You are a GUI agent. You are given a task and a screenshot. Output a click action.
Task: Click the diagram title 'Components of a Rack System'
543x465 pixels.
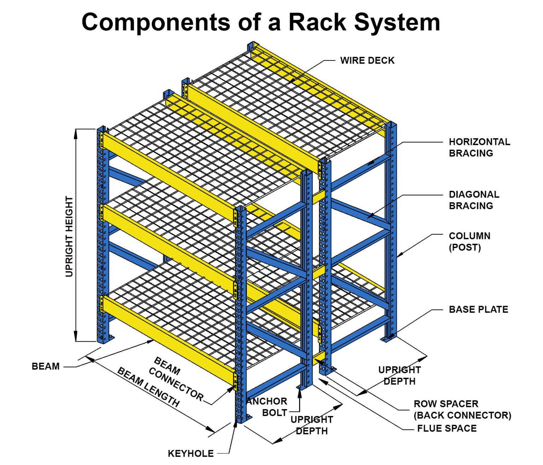point(261,22)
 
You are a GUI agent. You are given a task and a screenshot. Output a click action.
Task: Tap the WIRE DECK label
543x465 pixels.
point(367,60)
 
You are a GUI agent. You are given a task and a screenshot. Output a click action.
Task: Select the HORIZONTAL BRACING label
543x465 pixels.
point(479,147)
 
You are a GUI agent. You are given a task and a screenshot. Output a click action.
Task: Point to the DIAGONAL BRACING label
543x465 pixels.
point(474,200)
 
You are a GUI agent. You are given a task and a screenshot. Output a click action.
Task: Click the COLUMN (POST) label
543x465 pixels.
point(469,241)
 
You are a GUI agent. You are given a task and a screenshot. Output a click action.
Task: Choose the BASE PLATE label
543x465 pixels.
point(478,310)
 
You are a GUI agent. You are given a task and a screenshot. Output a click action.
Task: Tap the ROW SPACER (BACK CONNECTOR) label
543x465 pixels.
point(462,410)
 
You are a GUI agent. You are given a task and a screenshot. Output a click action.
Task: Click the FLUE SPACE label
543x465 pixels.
point(446,428)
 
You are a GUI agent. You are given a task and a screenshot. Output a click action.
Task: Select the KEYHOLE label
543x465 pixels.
point(191,453)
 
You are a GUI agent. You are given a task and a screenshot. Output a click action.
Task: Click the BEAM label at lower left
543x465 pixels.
point(46,366)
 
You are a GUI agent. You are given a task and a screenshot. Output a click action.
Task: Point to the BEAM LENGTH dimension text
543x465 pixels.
point(148,387)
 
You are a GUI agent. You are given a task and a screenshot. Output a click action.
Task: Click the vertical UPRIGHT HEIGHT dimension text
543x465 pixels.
point(69,236)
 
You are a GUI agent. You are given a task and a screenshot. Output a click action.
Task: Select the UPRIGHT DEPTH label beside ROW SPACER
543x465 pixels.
point(399,375)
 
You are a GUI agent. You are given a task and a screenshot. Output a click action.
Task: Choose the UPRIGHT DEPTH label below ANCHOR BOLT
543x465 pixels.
point(311,425)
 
